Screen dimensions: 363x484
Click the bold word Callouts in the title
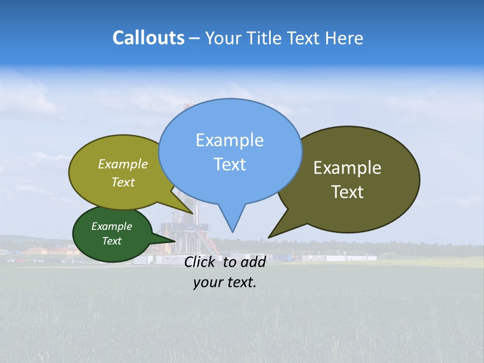click(x=148, y=38)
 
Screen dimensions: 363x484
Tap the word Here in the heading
click(x=344, y=38)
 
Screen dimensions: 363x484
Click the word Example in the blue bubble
click(x=229, y=140)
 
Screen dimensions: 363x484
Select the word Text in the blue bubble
click(x=229, y=164)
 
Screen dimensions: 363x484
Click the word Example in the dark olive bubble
click(x=347, y=168)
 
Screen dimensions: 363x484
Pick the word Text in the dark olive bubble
click(x=347, y=192)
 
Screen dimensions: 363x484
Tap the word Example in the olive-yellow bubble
click(x=123, y=164)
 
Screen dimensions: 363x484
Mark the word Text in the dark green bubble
click(x=112, y=241)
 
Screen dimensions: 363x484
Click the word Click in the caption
click(x=201, y=262)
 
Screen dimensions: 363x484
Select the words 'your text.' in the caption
click(x=225, y=282)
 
